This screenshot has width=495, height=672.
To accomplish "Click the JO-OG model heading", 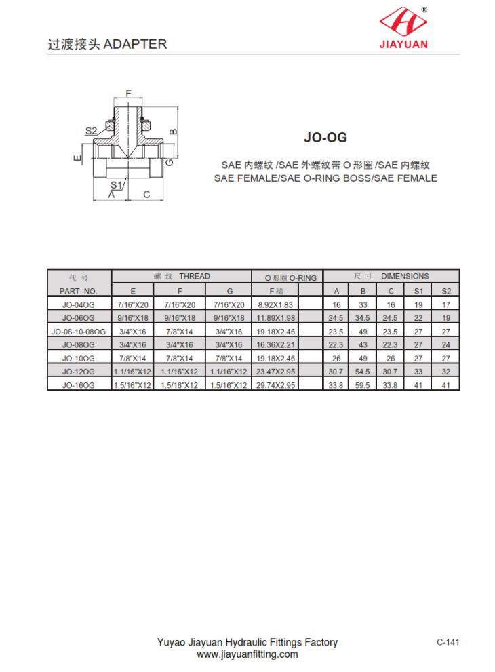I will pyautogui.click(x=325, y=137).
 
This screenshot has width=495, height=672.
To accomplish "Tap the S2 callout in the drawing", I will pyautogui.click(x=92, y=130).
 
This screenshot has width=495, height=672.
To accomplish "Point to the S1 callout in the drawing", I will pyautogui.click(x=116, y=184).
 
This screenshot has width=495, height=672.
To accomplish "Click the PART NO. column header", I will pyautogui.click(x=79, y=291).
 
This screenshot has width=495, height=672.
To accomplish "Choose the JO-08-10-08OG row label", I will pyautogui.click(x=79, y=332).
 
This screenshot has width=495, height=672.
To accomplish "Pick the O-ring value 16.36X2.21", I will pyautogui.click(x=275, y=345).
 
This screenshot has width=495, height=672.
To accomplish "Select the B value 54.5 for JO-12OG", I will pyautogui.click(x=363, y=372).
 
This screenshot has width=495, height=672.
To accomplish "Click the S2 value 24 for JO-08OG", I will pyautogui.click(x=446, y=345).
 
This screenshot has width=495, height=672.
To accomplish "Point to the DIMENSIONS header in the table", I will pyautogui.click(x=405, y=277).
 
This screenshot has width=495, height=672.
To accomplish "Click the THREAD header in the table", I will pyautogui.click(x=195, y=277).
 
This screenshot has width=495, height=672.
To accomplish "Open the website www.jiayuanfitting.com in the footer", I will pyautogui.click(x=247, y=654).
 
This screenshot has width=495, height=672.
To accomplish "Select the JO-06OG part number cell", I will pyautogui.click(x=79, y=318).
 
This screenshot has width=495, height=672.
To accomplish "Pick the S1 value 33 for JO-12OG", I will pyautogui.click(x=418, y=372).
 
